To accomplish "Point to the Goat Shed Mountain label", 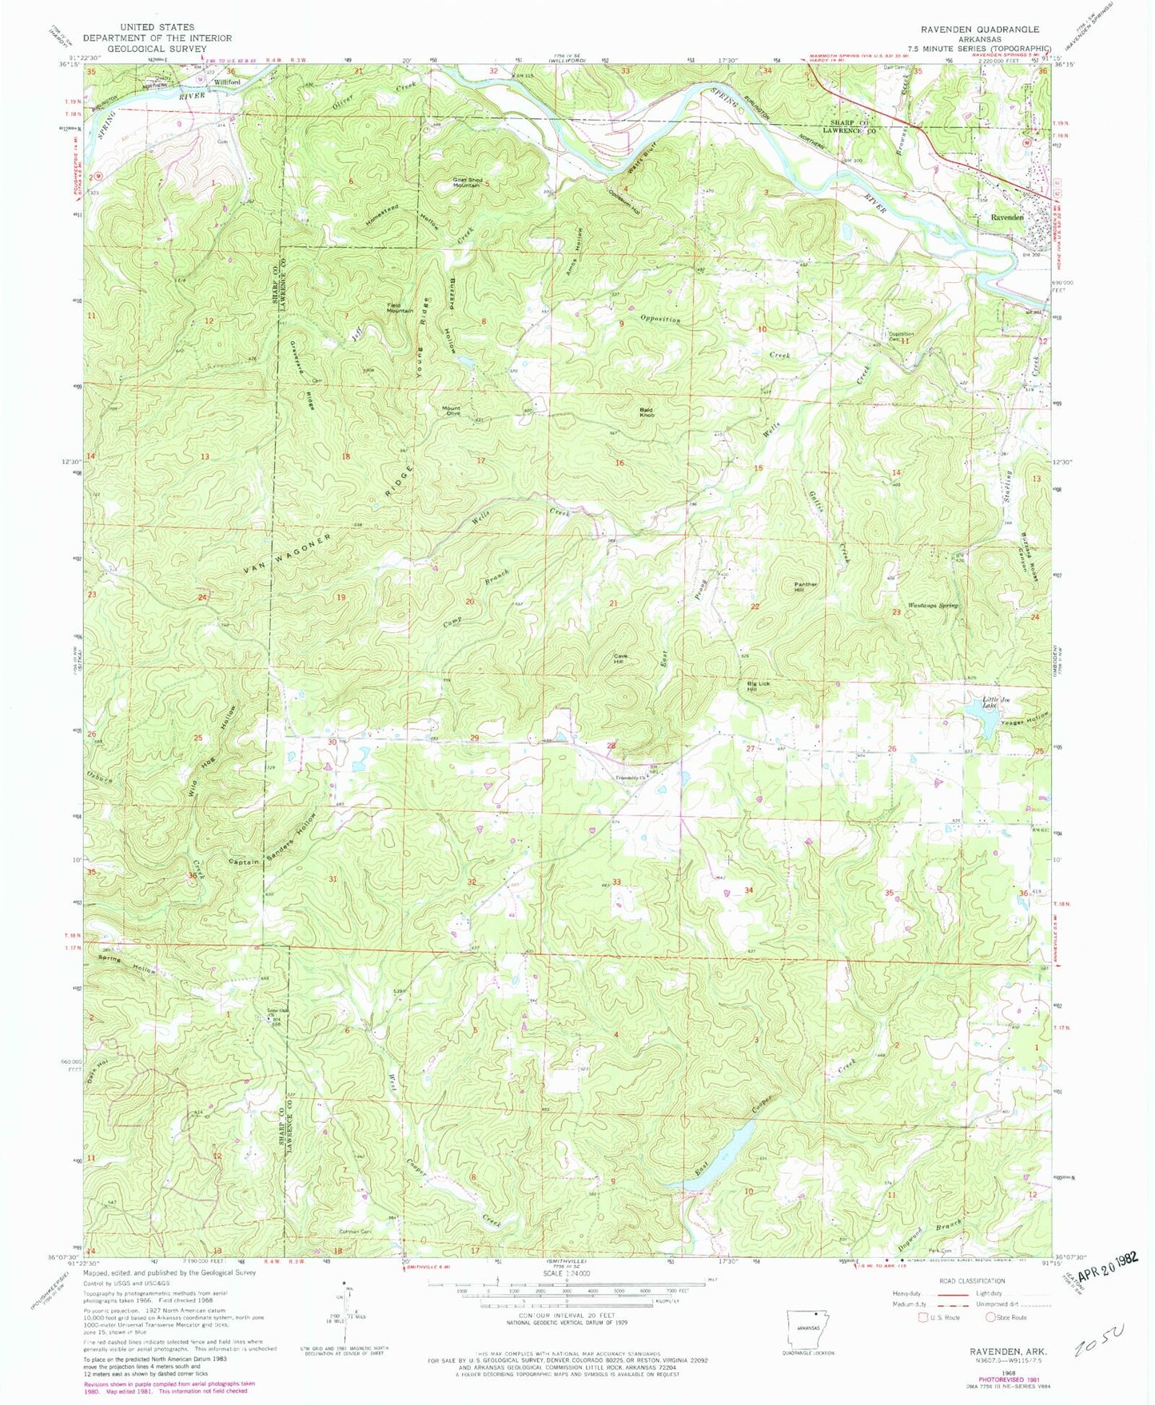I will pos(467,182).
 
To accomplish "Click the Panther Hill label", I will pos(805,587).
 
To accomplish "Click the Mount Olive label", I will pos(452,411).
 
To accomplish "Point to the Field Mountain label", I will pos(400,308).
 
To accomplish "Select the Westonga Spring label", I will pos(932,606).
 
